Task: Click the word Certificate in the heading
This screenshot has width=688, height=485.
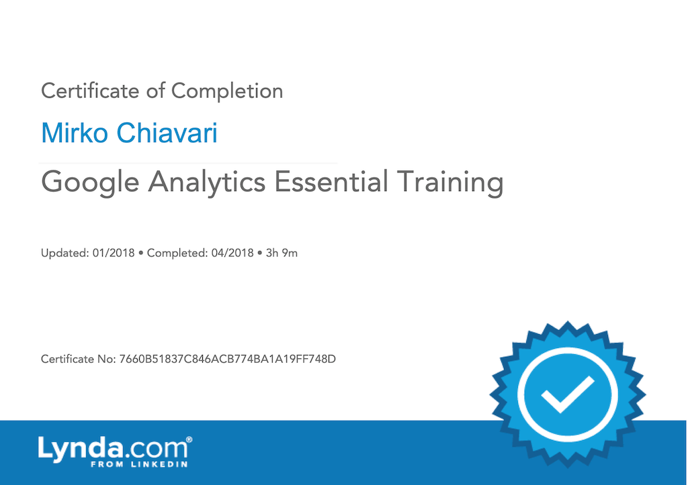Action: [90, 91]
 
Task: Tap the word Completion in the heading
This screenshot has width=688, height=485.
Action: [227, 92]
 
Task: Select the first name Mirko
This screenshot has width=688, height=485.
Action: [75, 133]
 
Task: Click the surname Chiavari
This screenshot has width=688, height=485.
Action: [167, 133]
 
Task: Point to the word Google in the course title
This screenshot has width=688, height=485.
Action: [90, 183]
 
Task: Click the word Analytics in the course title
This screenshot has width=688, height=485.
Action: [207, 183]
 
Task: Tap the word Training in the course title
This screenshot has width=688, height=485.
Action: [450, 183]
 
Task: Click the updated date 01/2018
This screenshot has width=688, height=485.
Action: [114, 253]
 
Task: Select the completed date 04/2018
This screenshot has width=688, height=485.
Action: [232, 253]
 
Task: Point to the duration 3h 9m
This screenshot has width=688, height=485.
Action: [282, 253]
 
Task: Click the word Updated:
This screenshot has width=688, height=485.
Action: [65, 254]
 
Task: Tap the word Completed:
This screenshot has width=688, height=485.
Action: [177, 254]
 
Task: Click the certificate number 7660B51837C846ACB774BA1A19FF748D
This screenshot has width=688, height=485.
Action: [228, 360]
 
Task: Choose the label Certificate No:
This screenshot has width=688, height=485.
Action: [79, 360]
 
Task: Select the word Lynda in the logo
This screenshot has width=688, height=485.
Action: [81, 449]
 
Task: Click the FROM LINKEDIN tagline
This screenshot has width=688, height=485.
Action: [139, 464]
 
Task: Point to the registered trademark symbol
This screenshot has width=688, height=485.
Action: [189, 439]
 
